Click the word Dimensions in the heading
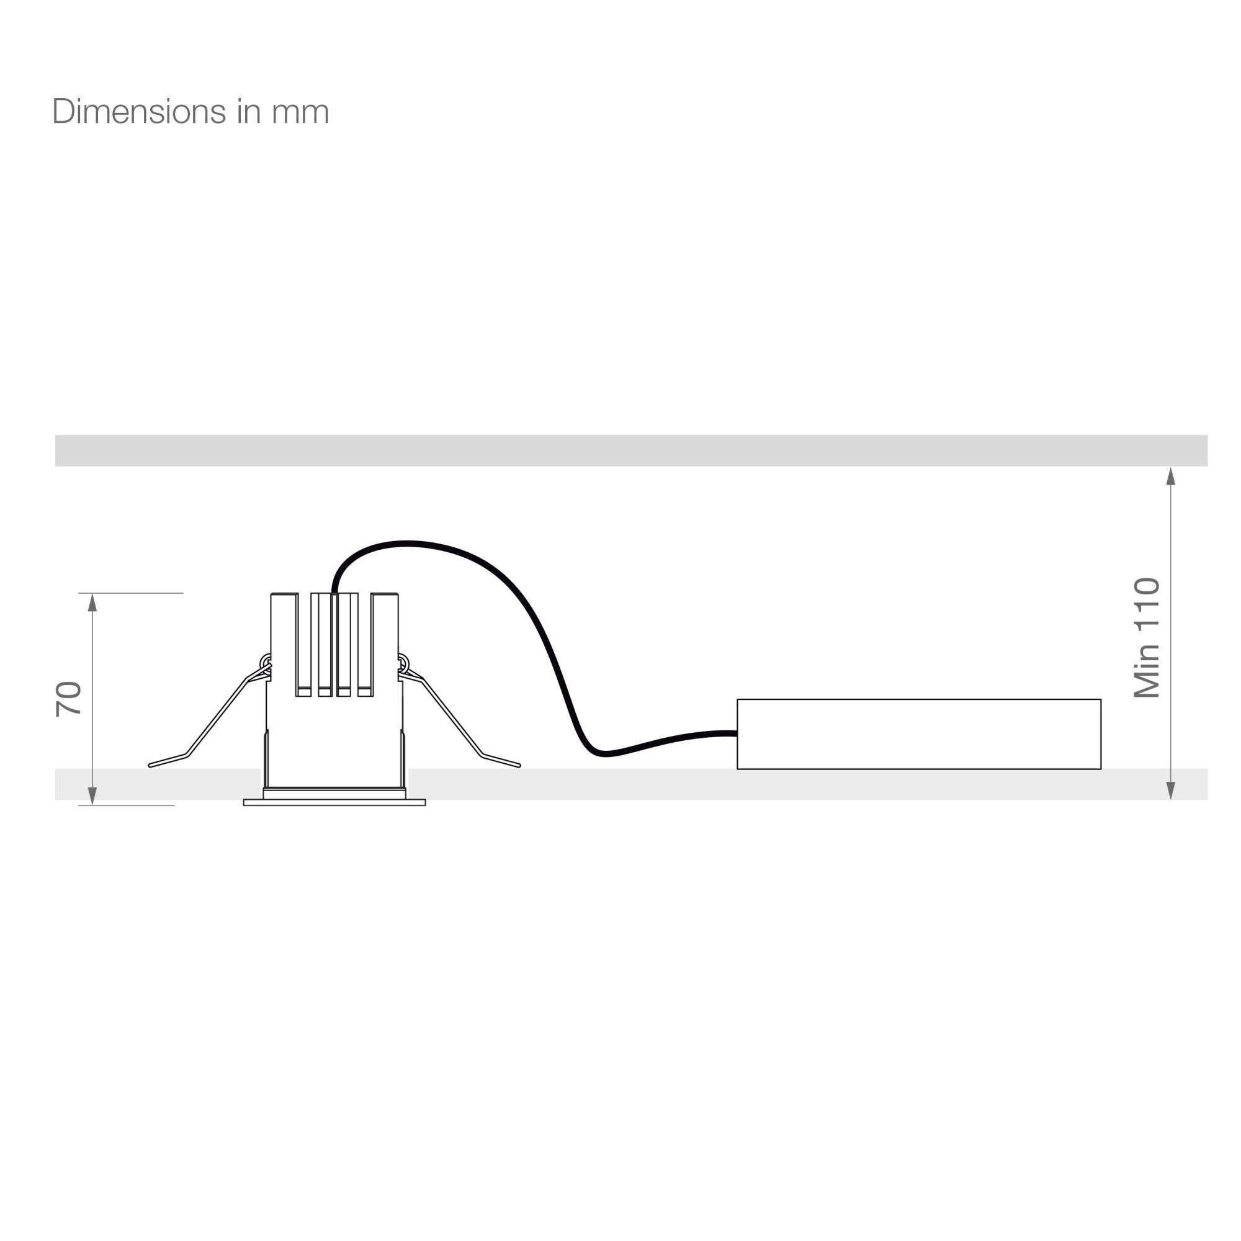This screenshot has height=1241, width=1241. [139, 112]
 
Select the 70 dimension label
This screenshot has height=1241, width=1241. [69, 699]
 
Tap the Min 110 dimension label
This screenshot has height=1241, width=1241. [1147, 638]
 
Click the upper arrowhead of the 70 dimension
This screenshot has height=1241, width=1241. [92, 603]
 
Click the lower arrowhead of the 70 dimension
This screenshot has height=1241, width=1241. [92, 795]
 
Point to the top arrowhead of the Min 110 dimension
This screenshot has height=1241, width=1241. [1170, 476]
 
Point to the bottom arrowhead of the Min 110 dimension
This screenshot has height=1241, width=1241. [1170, 791]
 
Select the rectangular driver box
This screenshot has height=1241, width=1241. [918, 733]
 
